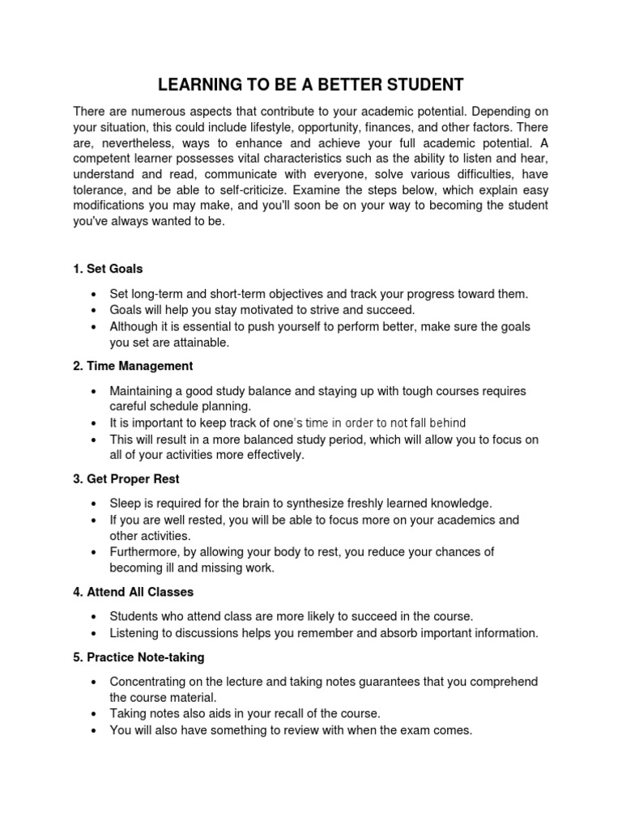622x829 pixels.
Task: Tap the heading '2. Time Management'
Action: [133, 366]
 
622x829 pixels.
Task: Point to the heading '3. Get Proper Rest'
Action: [126, 478]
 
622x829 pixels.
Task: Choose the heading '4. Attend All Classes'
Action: [133, 592]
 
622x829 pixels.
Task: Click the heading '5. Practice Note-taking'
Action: [138, 657]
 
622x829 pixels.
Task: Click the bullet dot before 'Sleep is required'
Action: [96, 504]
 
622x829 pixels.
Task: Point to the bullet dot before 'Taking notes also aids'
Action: [96, 714]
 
